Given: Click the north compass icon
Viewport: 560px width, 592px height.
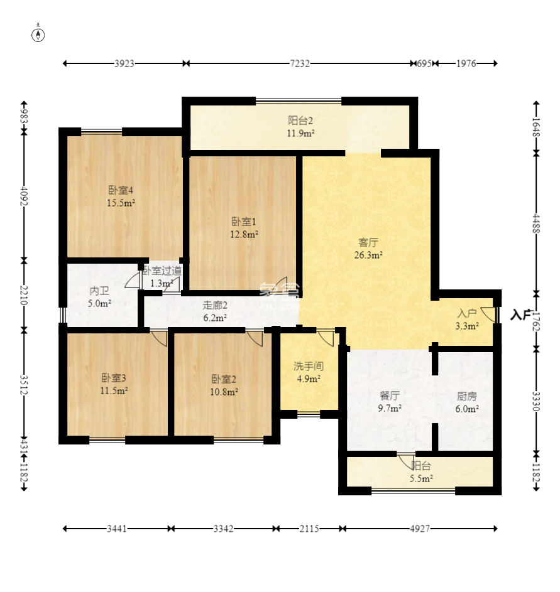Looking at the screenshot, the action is tap(38, 35).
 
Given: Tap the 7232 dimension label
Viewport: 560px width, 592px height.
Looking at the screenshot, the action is tap(300, 63).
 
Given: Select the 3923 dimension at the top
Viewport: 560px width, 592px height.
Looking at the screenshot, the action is tap(124, 63).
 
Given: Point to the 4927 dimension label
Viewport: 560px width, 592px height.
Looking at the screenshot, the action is tap(420, 529).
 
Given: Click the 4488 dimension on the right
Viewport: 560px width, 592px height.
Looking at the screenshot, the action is tap(536, 223).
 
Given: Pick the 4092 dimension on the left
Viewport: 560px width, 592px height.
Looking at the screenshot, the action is tap(24, 196).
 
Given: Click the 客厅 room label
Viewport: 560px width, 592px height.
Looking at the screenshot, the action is tap(368, 242).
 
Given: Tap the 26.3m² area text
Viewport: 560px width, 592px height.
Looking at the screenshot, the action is tap(368, 255).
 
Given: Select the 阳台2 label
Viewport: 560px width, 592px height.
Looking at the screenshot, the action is tap(300, 121).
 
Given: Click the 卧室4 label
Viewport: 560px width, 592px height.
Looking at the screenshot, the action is tap(121, 190).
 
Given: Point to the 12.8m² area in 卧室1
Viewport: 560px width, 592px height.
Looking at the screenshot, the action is tap(244, 234).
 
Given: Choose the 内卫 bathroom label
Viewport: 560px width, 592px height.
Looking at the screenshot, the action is tap(99, 291).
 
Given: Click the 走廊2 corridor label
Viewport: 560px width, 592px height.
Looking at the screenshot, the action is tap(215, 305).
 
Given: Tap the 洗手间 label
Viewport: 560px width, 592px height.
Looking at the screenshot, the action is tap(309, 366).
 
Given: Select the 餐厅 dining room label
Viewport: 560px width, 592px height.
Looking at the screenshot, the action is tap(390, 396).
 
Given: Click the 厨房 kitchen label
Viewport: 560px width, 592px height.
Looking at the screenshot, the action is tap(467, 396).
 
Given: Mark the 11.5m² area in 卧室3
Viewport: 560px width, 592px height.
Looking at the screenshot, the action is tap(114, 390).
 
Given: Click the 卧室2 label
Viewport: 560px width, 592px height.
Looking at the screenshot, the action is tap(224, 379).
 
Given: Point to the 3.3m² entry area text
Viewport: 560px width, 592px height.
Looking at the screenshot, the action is tap(468, 326).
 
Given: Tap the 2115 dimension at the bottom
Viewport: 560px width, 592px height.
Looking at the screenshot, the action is tap(309, 529).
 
